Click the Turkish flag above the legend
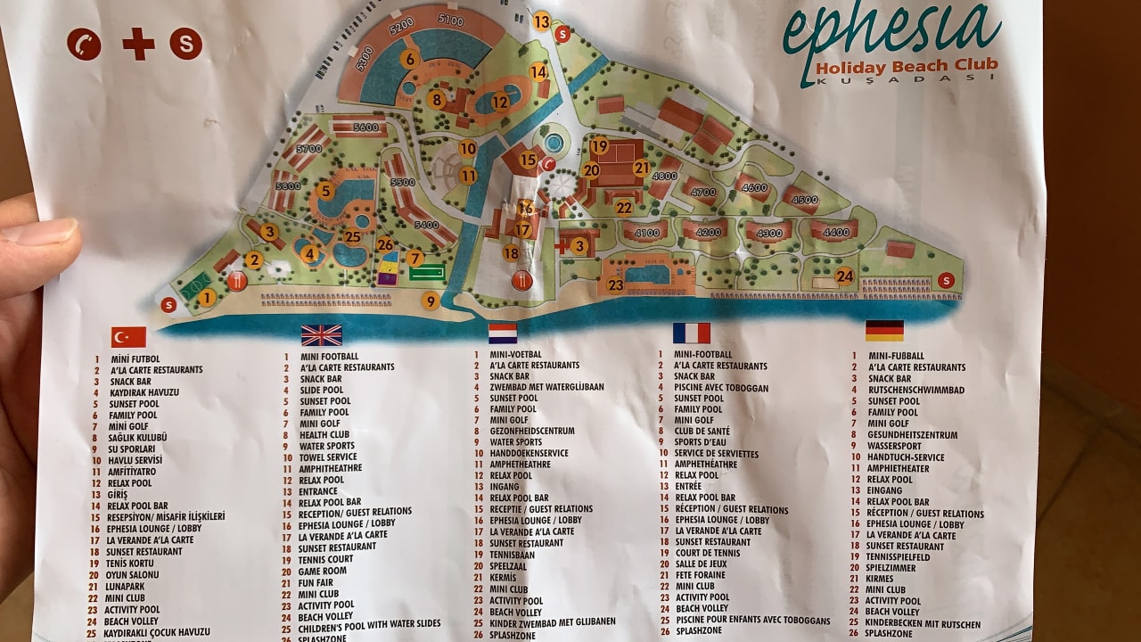point(128,337)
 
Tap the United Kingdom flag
point(321,335)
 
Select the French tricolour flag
point(691,333)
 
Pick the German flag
point(883,331)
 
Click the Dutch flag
point(503,333)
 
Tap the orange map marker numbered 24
point(844,276)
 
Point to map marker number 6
point(409,60)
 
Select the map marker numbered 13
point(542,21)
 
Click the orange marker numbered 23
point(615,285)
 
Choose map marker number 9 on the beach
point(431,301)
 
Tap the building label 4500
point(804,201)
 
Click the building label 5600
point(365,128)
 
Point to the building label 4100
point(646,234)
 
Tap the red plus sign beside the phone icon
point(138,44)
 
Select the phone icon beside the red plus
point(84,44)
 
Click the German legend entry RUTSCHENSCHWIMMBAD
point(915,391)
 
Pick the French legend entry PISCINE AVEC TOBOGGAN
point(721,389)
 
